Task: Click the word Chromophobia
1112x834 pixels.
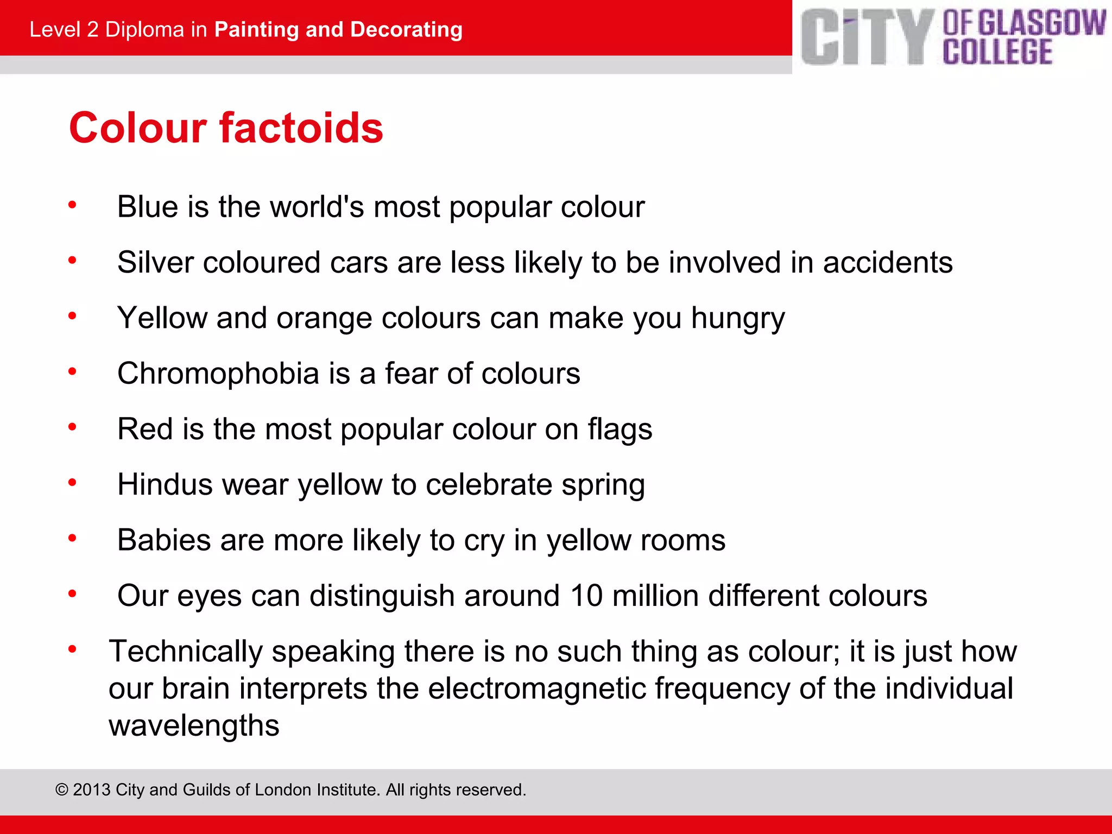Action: (218, 374)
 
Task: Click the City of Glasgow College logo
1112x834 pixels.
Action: (953, 37)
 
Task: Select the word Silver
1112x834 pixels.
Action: (155, 262)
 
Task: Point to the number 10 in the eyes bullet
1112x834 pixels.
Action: (586, 596)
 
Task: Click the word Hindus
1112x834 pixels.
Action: (165, 484)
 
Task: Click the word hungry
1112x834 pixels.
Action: (738, 319)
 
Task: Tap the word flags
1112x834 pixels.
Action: (620, 429)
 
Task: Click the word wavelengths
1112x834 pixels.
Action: (194, 725)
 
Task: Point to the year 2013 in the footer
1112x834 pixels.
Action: (92, 789)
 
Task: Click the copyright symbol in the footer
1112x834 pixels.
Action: (62, 789)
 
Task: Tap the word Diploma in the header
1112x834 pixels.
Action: (144, 29)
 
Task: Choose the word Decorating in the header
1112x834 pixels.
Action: (406, 29)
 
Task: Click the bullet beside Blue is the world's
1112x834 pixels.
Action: (72, 205)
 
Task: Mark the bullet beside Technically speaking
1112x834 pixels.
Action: (72, 649)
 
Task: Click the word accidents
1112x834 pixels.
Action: (888, 262)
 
